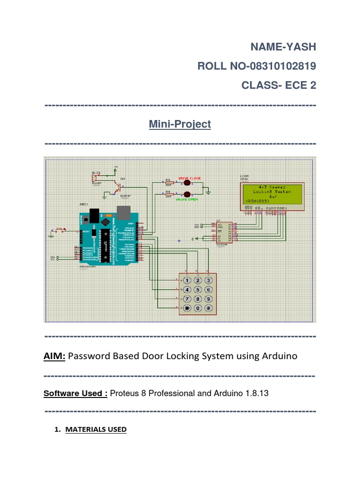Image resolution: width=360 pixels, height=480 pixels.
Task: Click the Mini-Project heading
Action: [180, 124]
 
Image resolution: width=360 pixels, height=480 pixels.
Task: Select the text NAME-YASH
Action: [283, 47]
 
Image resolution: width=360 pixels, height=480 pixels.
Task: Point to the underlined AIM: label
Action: [55, 356]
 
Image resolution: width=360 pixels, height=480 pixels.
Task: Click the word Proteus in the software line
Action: [127, 393]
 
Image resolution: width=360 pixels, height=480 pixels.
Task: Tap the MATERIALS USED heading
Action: [96, 429]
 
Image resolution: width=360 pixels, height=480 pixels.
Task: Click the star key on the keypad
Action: [187, 308]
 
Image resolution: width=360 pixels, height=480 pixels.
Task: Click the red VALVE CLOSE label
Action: [189, 179]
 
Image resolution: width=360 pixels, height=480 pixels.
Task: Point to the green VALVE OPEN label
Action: [187, 199]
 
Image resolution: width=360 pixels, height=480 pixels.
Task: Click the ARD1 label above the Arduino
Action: [84, 204]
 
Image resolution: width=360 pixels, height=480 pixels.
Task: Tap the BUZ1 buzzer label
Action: [96, 173]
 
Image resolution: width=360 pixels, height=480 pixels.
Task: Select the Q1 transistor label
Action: [123, 179]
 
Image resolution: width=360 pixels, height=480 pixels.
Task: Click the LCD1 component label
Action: [245, 177]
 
